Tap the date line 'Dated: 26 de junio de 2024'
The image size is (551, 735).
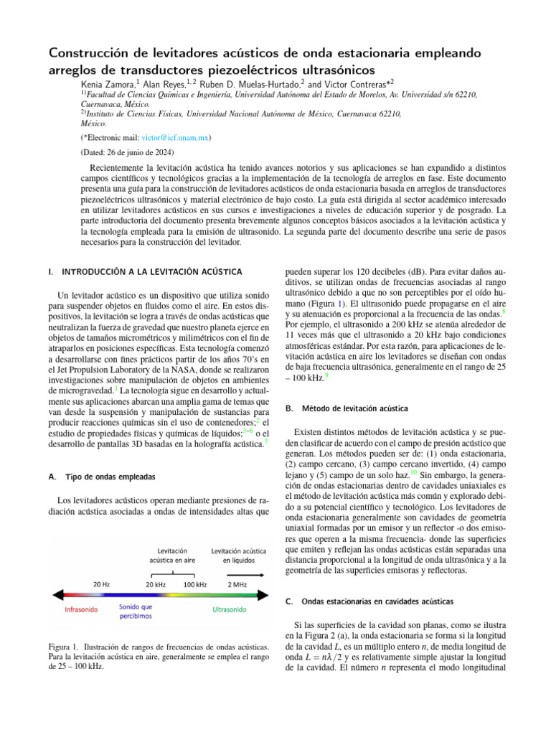pos(126,152)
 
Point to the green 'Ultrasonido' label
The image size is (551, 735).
pos(229,610)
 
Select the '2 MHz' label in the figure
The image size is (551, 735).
pos(237,584)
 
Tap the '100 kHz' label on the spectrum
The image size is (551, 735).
pos(194,584)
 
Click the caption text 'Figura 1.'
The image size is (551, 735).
pos(62,648)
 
